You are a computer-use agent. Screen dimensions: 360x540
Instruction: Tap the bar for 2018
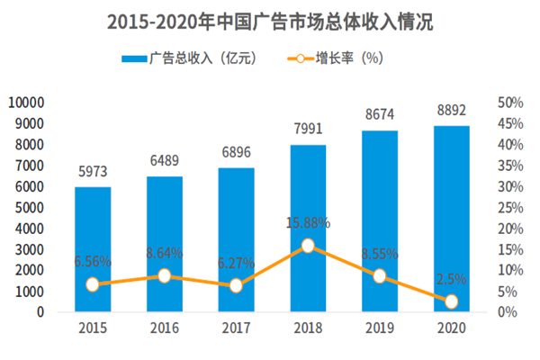308,229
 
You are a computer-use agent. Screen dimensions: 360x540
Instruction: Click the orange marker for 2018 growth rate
308,246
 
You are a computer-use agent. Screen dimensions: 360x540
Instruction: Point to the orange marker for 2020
451,301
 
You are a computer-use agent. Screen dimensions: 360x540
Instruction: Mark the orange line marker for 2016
165,275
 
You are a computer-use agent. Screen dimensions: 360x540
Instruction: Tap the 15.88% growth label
308,222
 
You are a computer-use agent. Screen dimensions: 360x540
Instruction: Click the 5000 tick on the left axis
31,207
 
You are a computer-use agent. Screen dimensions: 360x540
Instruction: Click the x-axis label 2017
236,330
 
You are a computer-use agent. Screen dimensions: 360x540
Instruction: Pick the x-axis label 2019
379,330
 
